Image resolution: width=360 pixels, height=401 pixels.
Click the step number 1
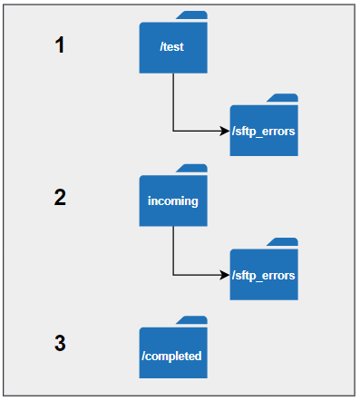pos(60,44)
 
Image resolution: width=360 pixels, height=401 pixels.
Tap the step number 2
pos(60,197)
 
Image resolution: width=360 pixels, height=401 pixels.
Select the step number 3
pos(60,343)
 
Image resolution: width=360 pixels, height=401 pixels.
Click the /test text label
pos(171,46)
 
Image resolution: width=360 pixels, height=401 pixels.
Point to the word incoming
pos(173,201)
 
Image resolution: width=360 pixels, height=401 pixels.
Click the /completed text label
pos(171,356)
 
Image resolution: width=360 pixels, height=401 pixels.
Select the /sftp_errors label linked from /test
pos(264,132)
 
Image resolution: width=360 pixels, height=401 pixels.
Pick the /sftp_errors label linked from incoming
pos(264,276)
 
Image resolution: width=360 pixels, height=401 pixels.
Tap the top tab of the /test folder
pos(192,15)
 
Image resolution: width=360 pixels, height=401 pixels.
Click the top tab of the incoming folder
pos(192,168)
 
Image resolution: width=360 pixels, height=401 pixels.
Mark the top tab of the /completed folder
pos(192,320)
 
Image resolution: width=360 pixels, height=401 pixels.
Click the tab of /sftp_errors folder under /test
pos(283,98)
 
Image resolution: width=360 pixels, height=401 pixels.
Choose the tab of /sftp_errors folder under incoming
pos(283,242)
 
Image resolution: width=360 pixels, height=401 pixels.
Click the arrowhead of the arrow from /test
pos(225,131)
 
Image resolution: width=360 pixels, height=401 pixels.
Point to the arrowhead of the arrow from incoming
pos(225,275)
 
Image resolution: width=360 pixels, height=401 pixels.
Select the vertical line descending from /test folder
pos(173,102)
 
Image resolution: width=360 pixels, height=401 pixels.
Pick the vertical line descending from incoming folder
pos(173,250)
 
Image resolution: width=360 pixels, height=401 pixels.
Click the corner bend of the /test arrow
pos(173,131)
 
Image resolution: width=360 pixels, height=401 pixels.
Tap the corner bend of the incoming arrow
pos(173,275)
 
